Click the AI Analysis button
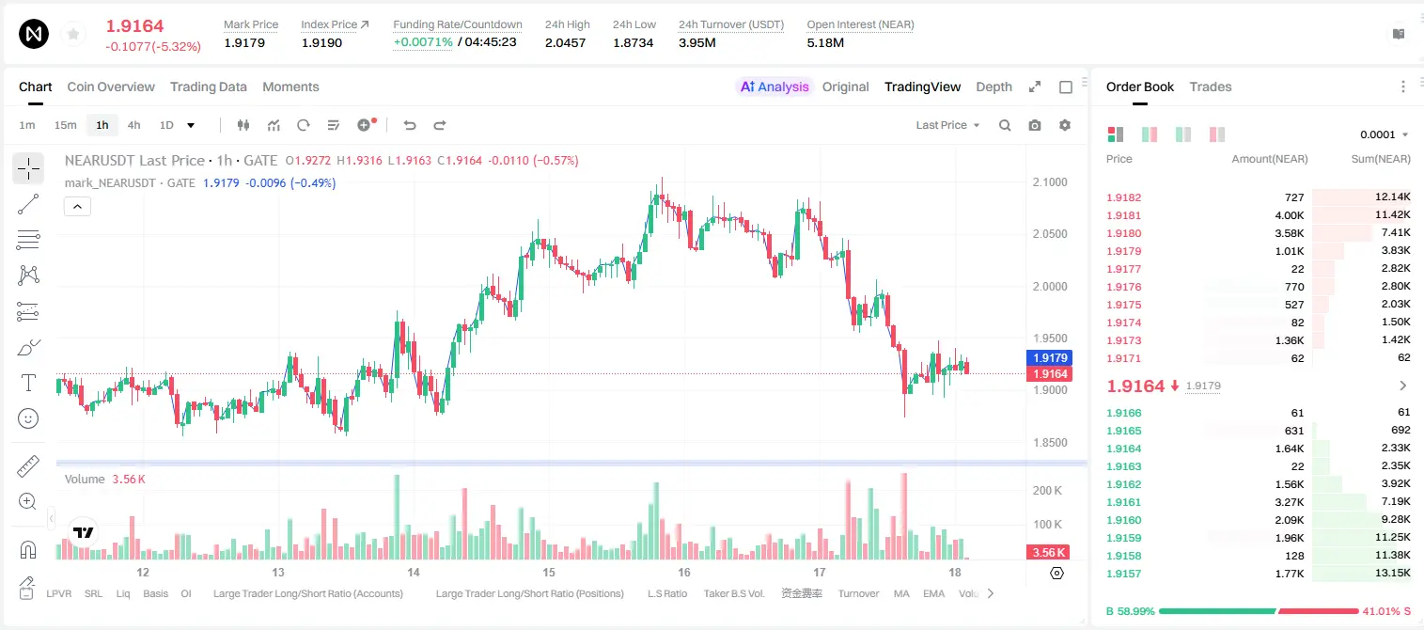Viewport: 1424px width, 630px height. click(774, 87)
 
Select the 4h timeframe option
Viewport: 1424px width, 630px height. click(133, 125)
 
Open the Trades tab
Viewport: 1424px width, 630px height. click(1211, 87)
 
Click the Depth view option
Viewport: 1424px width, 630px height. click(994, 87)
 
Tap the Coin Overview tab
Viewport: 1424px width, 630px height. click(111, 87)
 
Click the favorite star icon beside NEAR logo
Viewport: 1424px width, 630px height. click(73, 35)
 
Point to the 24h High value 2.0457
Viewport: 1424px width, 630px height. click(565, 42)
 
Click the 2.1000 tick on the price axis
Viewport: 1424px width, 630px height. click(1050, 181)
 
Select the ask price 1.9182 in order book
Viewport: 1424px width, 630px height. click(1123, 197)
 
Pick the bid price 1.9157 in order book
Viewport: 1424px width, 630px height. click(1123, 574)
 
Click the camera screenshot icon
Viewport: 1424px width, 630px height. click(1035, 125)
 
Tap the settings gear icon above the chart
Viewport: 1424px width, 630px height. click(1065, 125)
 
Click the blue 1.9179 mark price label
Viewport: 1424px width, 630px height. click(1050, 358)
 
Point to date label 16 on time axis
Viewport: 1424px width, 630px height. click(684, 572)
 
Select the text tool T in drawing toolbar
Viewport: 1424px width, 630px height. click(28, 383)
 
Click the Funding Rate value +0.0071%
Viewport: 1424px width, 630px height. click(423, 42)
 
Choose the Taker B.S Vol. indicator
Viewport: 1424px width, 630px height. click(733, 593)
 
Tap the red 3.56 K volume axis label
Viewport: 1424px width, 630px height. click(1048, 553)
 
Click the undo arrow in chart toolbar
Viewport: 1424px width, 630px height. click(410, 125)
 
